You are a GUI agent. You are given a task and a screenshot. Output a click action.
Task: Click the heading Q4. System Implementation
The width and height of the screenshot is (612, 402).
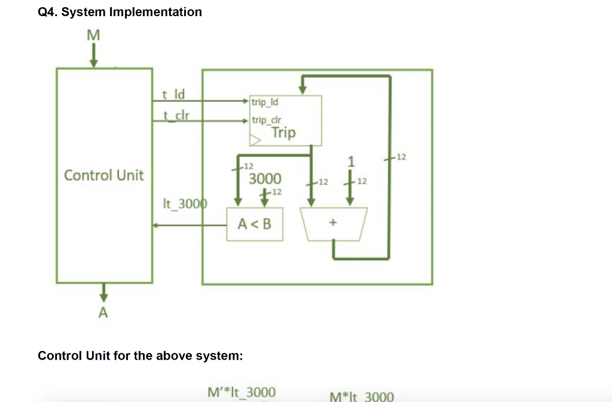(x=120, y=12)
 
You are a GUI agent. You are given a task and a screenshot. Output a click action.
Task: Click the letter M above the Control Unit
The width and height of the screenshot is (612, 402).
(x=93, y=36)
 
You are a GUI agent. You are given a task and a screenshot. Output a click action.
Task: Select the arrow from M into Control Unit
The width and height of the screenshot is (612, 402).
(x=93, y=56)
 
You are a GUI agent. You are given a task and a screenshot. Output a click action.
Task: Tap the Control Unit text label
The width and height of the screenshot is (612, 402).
(x=104, y=175)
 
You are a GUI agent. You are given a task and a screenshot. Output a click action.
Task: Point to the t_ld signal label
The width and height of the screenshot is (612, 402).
(x=174, y=94)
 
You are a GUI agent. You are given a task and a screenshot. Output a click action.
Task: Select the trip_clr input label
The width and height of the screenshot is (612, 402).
(x=266, y=120)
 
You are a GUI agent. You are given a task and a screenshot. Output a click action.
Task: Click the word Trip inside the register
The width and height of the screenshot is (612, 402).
(x=283, y=132)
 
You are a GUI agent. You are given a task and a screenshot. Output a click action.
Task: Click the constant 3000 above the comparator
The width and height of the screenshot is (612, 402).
(x=265, y=179)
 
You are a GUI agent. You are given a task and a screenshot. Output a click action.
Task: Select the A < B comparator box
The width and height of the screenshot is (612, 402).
(x=255, y=224)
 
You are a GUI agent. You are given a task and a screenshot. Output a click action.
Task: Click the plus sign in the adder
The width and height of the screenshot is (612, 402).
(x=333, y=223)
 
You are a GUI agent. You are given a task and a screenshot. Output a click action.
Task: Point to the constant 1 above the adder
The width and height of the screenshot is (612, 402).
(x=351, y=162)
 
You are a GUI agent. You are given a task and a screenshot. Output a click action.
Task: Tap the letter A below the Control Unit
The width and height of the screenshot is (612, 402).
(x=103, y=312)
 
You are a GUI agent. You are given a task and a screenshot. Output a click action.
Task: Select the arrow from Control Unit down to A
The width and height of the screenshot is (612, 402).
(x=103, y=293)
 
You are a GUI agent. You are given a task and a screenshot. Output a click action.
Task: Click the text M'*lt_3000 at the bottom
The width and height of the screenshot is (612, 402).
(x=241, y=392)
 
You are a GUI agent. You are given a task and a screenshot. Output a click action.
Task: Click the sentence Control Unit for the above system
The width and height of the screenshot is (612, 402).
(x=140, y=356)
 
